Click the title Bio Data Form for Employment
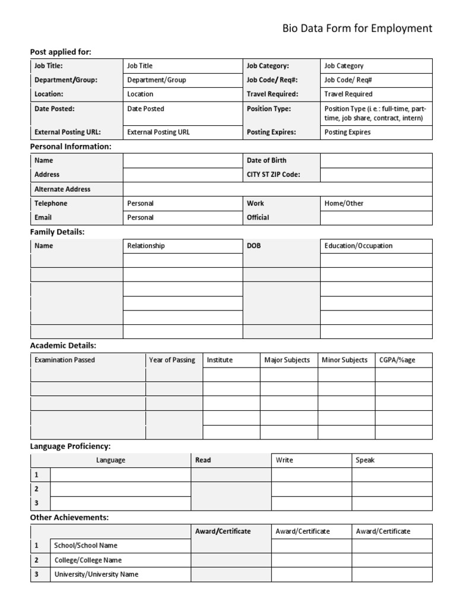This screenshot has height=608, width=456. click(x=356, y=28)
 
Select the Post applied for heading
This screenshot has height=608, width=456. click(x=61, y=52)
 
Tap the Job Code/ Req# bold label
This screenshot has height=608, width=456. click(x=272, y=80)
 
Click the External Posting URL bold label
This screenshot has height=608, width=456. click(x=68, y=132)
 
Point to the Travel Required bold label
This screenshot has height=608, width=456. click(x=273, y=94)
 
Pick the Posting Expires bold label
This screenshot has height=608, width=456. click(x=271, y=132)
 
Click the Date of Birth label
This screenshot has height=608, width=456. click(x=267, y=160)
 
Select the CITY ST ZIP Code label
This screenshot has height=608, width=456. click(x=274, y=175)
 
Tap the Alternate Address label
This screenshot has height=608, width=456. click(x=62, y=189)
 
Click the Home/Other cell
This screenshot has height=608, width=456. click(x=344, y=203)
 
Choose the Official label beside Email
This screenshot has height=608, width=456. click(x=258, y=217)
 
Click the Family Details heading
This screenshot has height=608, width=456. click(x=58, y=232)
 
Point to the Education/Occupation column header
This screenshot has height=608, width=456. click(x=358, y=246)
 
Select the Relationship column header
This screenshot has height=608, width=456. click(x=146, y=246)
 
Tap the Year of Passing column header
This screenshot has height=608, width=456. click(x=172, y=360)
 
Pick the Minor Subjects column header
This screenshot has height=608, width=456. click(x=344, y=360)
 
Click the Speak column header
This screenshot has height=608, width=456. click(x=365, y=460)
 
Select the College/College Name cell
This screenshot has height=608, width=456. click(x=87, y=560)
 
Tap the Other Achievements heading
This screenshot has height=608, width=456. click(x=69, y=517)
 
